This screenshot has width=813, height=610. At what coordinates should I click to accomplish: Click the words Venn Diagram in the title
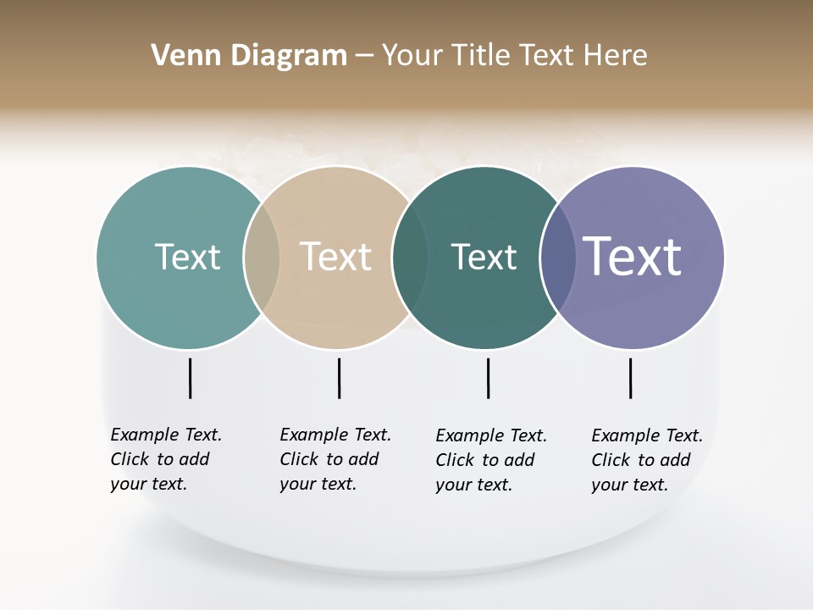pyautogui.click(x=249, y=56)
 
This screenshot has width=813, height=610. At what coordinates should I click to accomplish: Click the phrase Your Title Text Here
pyautogui.click(x=514, y=56)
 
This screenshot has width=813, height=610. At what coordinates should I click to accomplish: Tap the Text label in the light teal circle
pyautogui.click(x=187, y=257)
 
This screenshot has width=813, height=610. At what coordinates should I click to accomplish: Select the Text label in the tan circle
pyautogui.click(x=336, y=257)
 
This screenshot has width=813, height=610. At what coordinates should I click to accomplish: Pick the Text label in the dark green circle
pyautogui.click(x=484, y=257)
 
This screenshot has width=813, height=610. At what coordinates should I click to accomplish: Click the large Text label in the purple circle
pyautogui.click(x=633, y=257)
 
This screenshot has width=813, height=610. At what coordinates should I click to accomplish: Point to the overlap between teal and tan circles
pyautogui.click(x=262, y=258)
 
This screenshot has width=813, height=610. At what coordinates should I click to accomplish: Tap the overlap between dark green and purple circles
pyautogui.click(x=557, y=258)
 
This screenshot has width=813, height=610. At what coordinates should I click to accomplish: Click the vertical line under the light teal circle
pyautogui.click(x=190, y=378)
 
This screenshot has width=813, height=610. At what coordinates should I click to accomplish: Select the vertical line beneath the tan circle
pyautogui.click(x=339, y=378)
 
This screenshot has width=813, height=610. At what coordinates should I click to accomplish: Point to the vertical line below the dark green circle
pyautogui.click(x=488, y=378)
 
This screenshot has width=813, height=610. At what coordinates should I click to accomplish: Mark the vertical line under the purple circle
pyautogui.click(x=630, y=378)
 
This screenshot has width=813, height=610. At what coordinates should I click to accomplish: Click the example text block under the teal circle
pyautogui.click(x=166, y=459)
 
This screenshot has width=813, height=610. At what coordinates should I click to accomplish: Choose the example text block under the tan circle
pyautogui.click(x=335, y=459)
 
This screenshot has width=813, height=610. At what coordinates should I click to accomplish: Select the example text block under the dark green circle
pyautogui.click(x=491, y=460)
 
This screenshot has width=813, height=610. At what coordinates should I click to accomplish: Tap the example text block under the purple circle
pyautogui.click(x=647, y=460)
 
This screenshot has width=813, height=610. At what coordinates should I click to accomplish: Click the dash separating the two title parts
pyautogui.click(x=364, y=56)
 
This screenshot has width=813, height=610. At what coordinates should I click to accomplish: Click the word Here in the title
pyautogui.click(x=617, y=56)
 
